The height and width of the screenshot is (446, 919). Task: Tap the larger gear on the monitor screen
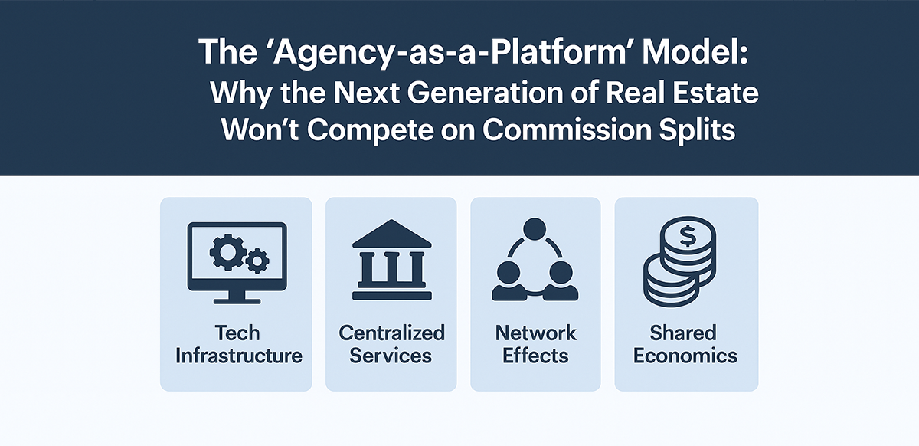[226, 252]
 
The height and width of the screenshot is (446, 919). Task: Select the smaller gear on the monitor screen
[258, 262]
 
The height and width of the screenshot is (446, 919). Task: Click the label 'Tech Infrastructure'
[237, 344]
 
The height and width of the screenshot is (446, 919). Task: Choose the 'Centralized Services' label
[391, 344]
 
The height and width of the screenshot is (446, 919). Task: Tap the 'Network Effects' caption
[535, 344]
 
